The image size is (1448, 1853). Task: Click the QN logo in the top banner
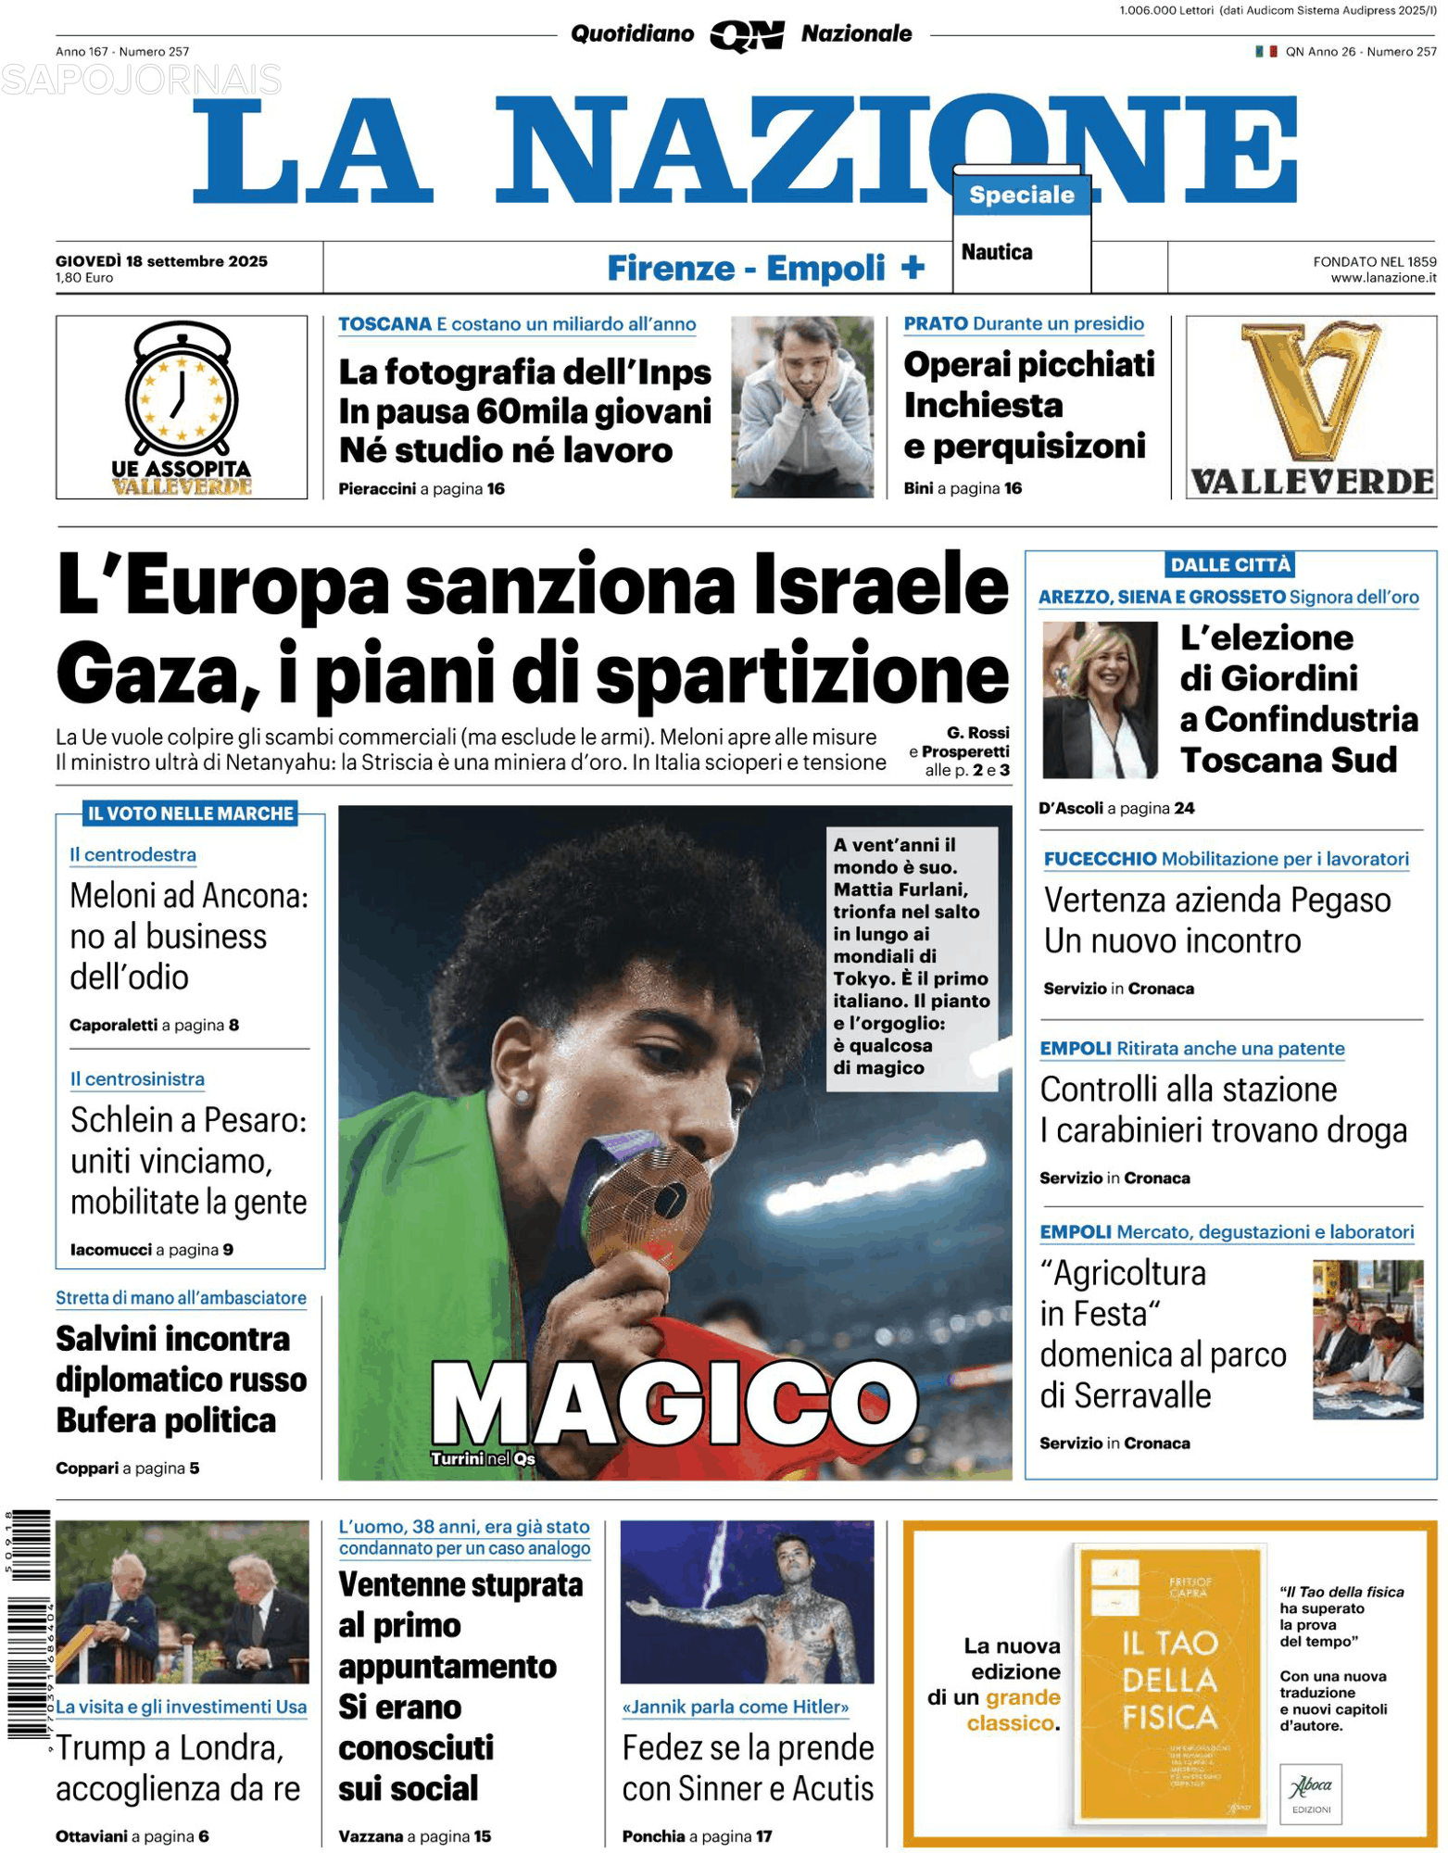pyautogui.click(x=746, y=35)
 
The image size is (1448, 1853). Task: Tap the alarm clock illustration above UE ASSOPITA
pyautogui.click(x=182, y=389)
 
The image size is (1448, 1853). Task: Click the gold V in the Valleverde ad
pyautogui.click(x=1310, y=389)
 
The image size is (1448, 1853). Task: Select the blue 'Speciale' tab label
pyautogui.click(x=1021, y=195)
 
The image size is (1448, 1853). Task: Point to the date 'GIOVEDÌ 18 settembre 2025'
pyautogui.click(x=161, y=261)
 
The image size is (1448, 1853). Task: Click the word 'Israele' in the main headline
pyautogui.click(x=880, y=586)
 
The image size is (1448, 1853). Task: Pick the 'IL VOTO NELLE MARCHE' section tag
pyautogui.click(x=190, y=813)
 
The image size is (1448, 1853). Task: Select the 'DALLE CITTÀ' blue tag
pyautogui.click(x=1229, y=564)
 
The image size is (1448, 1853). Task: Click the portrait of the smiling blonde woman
pyautogui.click(x=1099, y=700)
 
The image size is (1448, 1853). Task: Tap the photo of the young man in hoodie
pyautogui.click(x=801, y=407)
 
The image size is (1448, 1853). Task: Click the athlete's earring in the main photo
pyautogui.click(x=523, y=1096)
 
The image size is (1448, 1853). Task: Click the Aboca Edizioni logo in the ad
pyautogui.click(x=1310, y=1792)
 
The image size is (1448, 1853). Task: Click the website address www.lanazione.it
pyautogui.click(x=1383, y=277)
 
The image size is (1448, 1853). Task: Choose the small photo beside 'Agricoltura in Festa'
pyautogui.click(x=1366, y=1339)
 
